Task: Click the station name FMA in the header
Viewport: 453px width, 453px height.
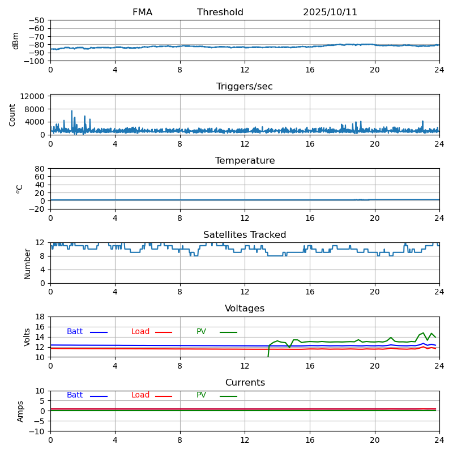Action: pos(142,12)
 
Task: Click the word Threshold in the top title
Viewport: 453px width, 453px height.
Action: pos(220,12)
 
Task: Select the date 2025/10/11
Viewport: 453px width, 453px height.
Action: pos(330,12)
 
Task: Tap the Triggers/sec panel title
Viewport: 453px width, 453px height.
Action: pos(245,87)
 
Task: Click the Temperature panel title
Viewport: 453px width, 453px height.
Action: pos(245,161)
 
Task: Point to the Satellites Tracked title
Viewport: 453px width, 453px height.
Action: pos(245,235)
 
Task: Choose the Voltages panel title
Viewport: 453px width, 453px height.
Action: pos(245,309)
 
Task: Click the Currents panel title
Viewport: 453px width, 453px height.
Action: pos(245,383)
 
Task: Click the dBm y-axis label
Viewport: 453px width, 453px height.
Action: pos(16,41)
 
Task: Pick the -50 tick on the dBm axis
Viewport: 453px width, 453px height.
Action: pos(38,20)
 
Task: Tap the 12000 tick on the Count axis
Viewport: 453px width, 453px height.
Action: pos(34,97)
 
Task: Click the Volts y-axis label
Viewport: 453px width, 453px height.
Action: pos(27,337)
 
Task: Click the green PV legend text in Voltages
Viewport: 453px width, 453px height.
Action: pos(201,332)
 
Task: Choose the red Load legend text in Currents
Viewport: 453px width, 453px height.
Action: pos(140,395)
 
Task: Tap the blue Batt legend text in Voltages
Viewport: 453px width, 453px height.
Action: pos(75,332)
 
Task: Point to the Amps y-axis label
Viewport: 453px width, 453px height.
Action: pos(20,411)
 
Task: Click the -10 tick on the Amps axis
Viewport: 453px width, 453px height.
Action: pos(38,431)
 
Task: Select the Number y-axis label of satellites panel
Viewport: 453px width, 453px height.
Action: pos(27,263)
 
